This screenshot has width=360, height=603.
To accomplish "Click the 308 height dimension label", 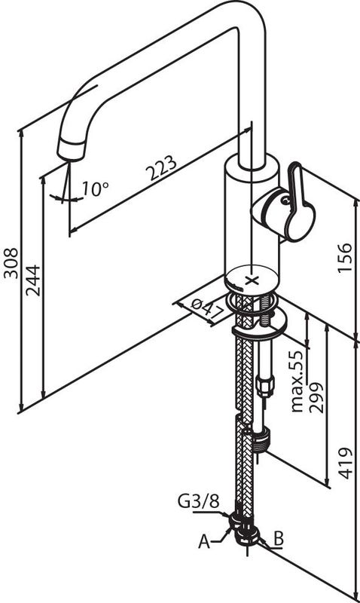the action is coord(11,263).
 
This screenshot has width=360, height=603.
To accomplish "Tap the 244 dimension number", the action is coord(33,280).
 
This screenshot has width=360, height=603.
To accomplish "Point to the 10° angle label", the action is coord(96,188).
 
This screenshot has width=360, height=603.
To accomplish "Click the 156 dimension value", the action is coord(345,258).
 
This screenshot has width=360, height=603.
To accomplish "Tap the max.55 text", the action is coord(297,381).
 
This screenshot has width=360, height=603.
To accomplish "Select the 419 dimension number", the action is coord(346,463).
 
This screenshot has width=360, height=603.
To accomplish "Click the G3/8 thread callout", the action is coord(199,501).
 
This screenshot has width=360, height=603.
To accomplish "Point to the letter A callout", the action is coord(204,542).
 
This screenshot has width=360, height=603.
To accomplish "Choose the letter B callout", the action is coord(278,539).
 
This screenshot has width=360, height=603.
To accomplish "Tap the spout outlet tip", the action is coord(72,150).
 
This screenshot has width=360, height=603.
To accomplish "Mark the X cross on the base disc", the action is coord(252,280).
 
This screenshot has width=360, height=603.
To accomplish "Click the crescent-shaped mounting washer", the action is coord(260,327).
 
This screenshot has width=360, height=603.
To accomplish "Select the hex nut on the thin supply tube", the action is coord(265,386).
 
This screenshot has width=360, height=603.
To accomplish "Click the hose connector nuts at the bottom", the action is coord(244,528).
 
